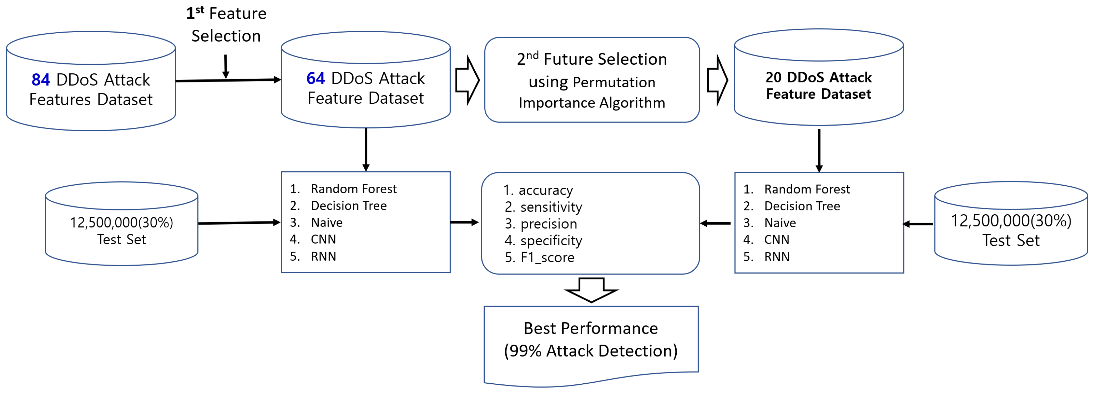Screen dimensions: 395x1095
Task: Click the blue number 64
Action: coord(315,78)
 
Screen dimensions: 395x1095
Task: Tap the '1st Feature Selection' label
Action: coord(226,25)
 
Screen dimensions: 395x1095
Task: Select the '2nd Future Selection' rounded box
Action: coord(592,80)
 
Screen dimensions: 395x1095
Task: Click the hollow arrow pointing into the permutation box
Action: coord(467,80)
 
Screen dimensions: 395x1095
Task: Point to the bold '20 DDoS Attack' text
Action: coord(818,78)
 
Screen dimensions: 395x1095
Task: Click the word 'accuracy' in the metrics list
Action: coord(545,190)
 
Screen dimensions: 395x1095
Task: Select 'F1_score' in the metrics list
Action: coord(547,257)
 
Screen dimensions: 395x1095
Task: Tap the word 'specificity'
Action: coord(551,241)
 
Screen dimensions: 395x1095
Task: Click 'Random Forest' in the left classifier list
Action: coord(354,189)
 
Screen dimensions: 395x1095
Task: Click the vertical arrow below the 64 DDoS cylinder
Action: coord(366,149)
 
